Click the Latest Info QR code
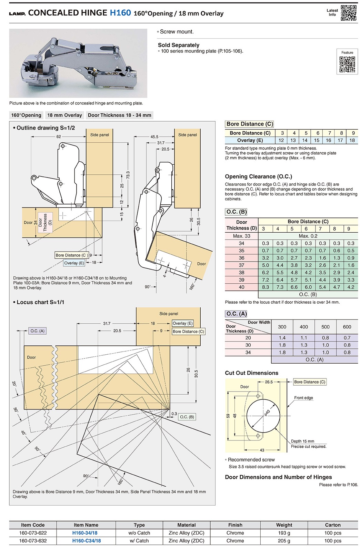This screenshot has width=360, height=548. click(349, 13)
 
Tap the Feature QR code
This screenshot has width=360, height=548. click(347, 64)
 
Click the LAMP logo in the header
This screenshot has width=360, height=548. click(17, 14)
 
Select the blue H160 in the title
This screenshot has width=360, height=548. click(120, 13)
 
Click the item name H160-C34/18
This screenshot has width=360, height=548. click(86, 541)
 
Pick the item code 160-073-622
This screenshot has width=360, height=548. click(33, 533)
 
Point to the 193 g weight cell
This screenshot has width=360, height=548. click(284, 533)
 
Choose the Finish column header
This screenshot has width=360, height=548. click(235, 525)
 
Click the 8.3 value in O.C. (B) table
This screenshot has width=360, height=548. click(266, 287)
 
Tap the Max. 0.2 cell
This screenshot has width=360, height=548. click(308, 236)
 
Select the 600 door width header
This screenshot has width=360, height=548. click(347, 327)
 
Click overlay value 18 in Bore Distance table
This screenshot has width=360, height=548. click(352, 140)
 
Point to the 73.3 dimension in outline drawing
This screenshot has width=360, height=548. click(128, 175)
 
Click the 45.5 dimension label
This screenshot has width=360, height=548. click(154, 137)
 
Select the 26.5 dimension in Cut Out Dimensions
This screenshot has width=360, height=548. click(269, 382)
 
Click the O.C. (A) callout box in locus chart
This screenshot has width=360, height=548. click(37, 331)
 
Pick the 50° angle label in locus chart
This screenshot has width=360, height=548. click(37, 449)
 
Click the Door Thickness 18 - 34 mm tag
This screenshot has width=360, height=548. click(119, 115)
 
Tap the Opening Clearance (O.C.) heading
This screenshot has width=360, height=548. click(258, 176)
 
